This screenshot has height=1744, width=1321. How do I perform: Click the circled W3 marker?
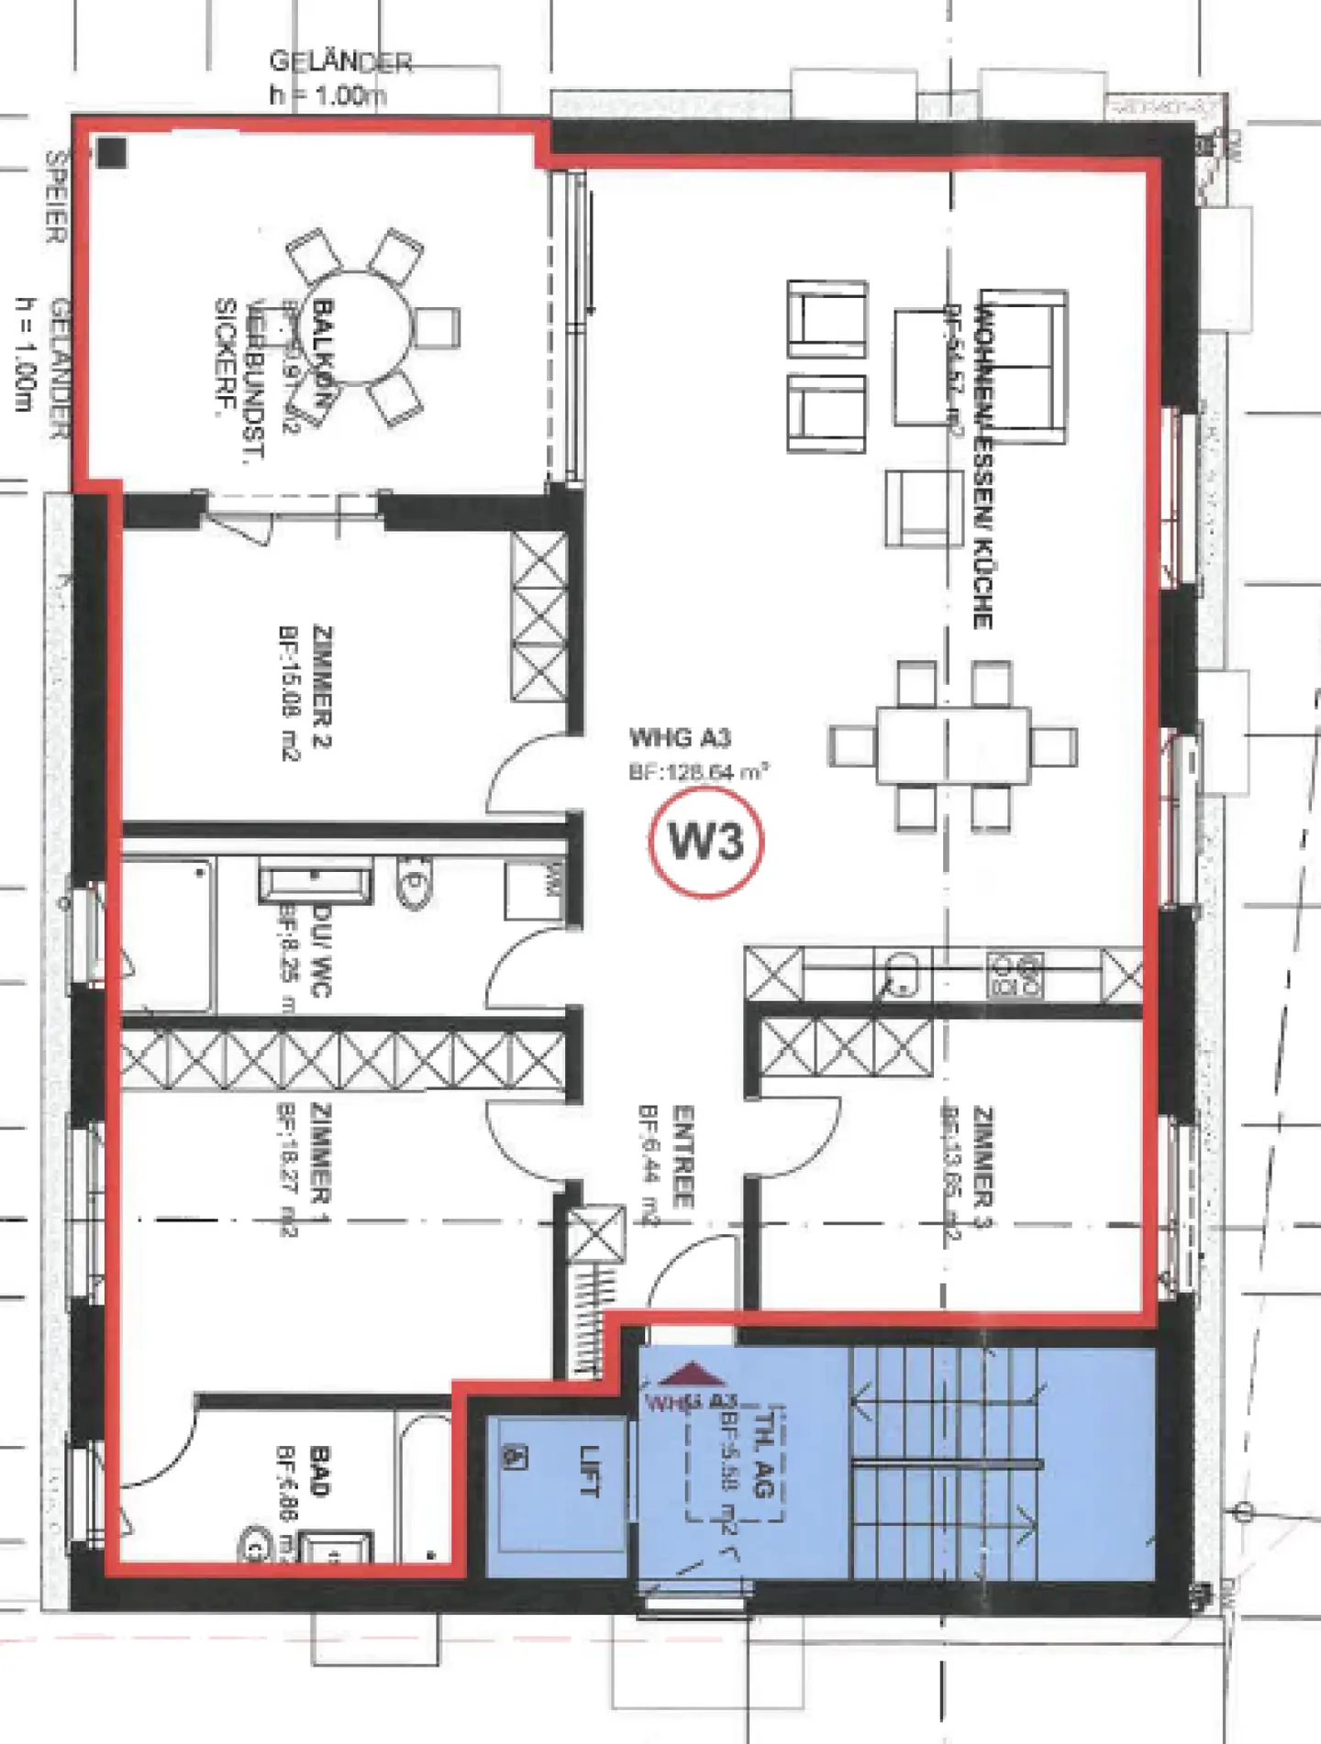pyautogui.click(x=705, y=841)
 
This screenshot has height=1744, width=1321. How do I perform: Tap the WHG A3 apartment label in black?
pyautogui.click(x=680, y=738)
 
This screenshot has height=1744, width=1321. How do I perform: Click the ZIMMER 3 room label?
pyautogui.click(x=982, y=1157)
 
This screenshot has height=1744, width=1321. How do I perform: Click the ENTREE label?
pyautogui.click(x=683, y=1155)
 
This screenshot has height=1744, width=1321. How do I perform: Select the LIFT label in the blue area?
pyautogui.click(x=590, y=1472)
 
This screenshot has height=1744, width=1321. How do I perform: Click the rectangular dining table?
pyautogui.click(x=952, y=745)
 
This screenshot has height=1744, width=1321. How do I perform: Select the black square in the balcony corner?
pyautogui.click(x=112, y=152)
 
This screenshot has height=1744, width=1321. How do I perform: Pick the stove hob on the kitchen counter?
pyautogui.click(x=1015, y=976)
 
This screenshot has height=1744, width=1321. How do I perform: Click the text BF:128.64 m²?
pyautogui.click(x=698, y=772)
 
